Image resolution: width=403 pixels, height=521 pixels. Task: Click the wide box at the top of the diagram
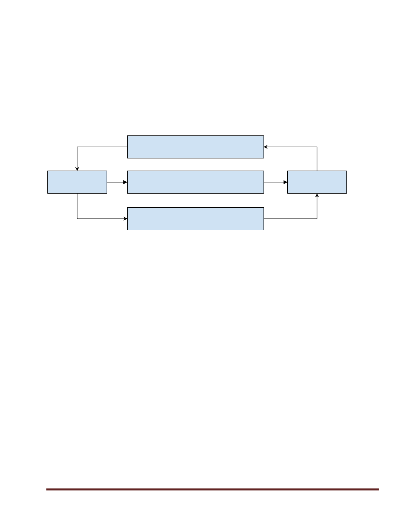coord(195,147)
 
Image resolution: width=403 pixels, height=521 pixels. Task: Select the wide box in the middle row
coord(195,182)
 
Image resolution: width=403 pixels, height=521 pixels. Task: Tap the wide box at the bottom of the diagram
coord(195,219)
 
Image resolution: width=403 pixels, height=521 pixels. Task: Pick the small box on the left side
coord(77,182)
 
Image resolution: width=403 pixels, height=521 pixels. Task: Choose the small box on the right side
coord(317,182)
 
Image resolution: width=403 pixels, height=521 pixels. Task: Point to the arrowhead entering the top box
coord(266,147)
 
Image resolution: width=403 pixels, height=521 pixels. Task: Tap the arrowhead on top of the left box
coord(77,169)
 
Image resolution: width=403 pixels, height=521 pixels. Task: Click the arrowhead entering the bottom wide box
coord(125,219)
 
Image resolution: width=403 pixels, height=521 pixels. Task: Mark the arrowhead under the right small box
coord(317,196)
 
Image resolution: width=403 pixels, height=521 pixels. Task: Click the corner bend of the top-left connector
coord(77,147)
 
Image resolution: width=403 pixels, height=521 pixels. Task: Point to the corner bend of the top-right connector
coord(317,147)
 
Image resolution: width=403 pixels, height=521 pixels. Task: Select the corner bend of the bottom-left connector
coord(77,219)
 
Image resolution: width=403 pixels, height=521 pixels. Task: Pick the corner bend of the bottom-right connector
coord(317,219)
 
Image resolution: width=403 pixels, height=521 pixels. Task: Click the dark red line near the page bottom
coord(212,489)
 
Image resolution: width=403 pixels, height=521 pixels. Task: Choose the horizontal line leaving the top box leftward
coord(102,147)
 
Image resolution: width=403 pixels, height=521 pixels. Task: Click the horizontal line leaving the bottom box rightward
coord(290,219)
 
